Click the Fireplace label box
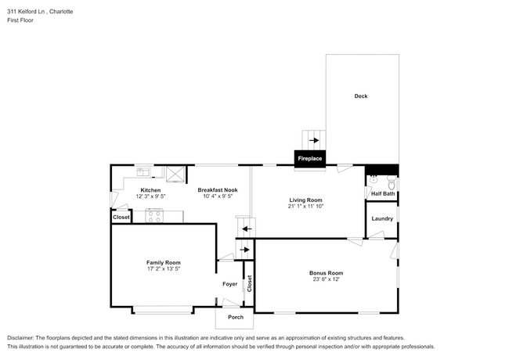pos(309,159)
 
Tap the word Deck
pos(360,96)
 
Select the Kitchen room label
pos(150,190)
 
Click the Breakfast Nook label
pos(218,190)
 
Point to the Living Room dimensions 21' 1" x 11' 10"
pos(305,207)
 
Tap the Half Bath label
pos(383,193)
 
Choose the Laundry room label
pos(382,218)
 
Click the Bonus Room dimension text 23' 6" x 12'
pos(326,279)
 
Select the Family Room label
pos(163,262)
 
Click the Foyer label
pos(229,284)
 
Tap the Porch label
pos(236,317)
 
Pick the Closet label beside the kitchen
pos(121,217)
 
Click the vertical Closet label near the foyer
pos(249,284)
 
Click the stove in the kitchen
pos(154,216)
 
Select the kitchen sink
pos(144,171)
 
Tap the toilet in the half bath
pos(374,179)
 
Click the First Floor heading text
pos(22,21)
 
